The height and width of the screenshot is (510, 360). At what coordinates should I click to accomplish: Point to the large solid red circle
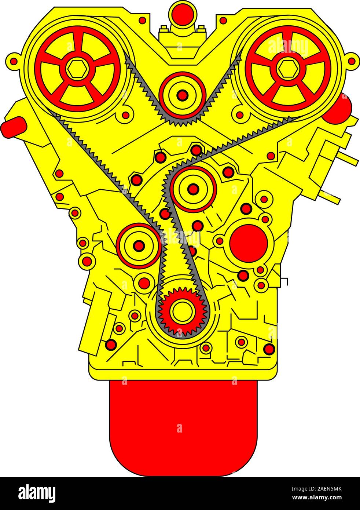point(248,243)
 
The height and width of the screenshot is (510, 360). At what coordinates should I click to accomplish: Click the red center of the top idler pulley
point(182,95)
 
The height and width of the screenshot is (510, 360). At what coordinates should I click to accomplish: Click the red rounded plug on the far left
point(14,127)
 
